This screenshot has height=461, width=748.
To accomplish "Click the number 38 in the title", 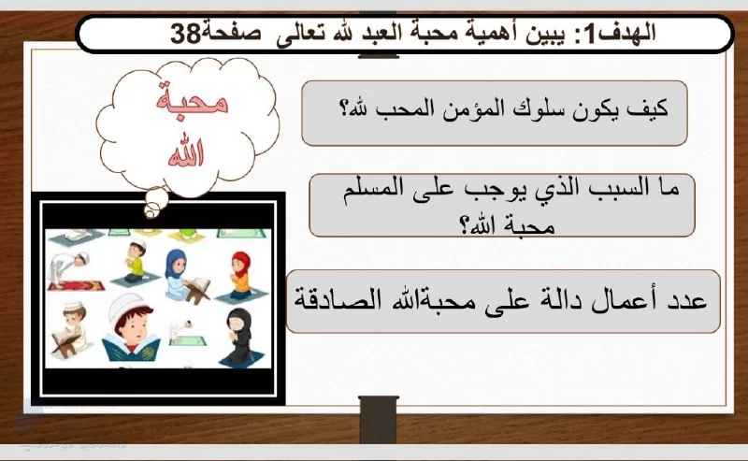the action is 185,34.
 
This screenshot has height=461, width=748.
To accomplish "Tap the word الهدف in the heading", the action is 628,33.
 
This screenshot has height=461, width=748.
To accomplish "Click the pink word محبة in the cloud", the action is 192,99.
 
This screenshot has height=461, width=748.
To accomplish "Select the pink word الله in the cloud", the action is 186,152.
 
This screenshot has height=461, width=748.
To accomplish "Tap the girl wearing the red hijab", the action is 240,277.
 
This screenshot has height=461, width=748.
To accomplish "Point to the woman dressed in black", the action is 239,337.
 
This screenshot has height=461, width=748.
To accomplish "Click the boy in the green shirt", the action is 136,264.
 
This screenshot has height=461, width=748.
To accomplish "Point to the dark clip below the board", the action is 379,420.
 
